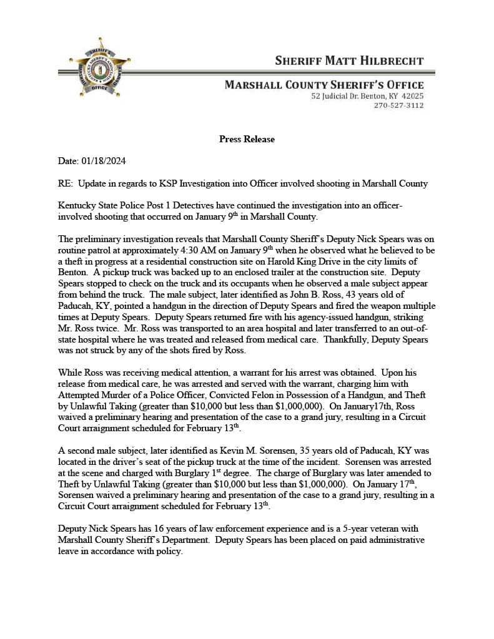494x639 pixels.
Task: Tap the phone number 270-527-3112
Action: click(398, 105)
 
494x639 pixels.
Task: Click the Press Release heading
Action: click(247, 139)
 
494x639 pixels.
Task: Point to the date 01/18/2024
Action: click(103, 161)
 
